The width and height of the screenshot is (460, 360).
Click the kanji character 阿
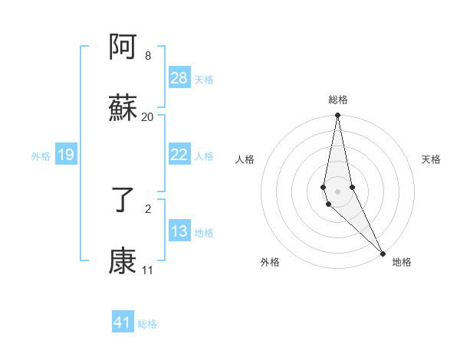tap(123, 49)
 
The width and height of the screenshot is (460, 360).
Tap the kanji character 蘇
tap(123, 109)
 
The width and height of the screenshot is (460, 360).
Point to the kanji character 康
tap(123, 262)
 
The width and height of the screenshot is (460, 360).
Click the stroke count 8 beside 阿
tap(147, 56)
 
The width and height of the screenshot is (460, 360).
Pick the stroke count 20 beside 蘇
tap(147, 116)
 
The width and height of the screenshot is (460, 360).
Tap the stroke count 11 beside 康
tap(147, 270)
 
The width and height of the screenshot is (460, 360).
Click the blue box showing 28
tap(179, 78)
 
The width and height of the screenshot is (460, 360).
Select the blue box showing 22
tap(179, 155)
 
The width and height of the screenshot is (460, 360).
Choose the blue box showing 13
tap(179, 231)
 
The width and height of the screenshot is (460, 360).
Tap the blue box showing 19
tap(66, 155)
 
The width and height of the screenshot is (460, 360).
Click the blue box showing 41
tap(123, 322)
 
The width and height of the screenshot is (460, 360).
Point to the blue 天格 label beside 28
tap(204, 79)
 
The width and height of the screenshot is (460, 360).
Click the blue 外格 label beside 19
tap(41, 156)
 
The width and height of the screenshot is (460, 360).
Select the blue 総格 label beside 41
tap(147, 324)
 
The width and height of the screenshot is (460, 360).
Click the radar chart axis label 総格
tap(338, 100)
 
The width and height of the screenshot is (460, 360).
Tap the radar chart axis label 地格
tap(402, 262)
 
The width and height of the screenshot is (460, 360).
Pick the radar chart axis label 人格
tap(245, 159)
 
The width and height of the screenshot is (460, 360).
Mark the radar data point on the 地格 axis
tap(383, 253)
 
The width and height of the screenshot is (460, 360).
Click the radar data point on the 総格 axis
tap(337, 116)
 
